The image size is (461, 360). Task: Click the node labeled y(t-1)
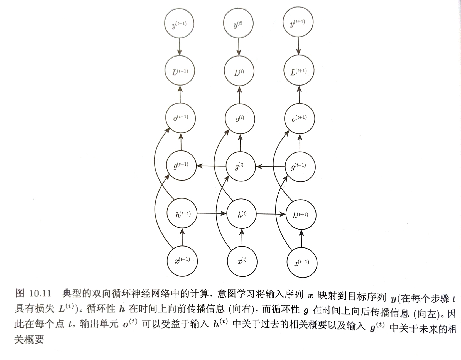click(179, 23)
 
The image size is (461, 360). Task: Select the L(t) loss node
click(239, 71)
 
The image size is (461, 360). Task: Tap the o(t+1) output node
click(300, 118)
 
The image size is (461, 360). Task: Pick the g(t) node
click(241, 166)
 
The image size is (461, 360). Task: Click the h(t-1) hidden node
click(182, 213)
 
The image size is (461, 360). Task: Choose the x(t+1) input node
click(302, 262)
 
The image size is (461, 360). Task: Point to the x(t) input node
click(242, 261)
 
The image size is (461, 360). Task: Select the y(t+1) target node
click(298, 22)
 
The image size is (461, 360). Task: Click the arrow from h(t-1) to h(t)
click(212, 213)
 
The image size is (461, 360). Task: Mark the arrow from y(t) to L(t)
click(239, 47)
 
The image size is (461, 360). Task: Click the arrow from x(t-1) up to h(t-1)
click(182, 237)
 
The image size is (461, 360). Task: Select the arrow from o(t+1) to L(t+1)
click(299, 95)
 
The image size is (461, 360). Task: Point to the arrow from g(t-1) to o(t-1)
click(181, 142)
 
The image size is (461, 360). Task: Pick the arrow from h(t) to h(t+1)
click(271, 214)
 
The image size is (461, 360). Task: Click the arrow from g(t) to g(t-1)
click(211, 166)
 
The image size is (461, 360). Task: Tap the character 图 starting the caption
click(20, 293)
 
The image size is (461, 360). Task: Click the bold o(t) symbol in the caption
click(130, 323)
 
